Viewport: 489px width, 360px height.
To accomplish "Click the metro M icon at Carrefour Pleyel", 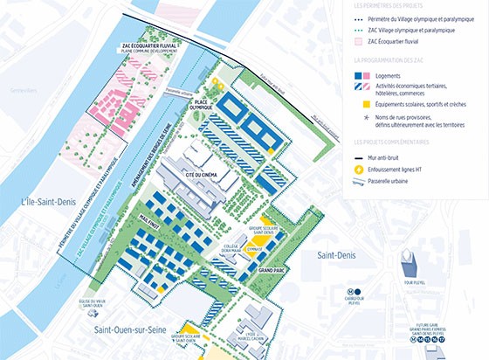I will click(x=352, y=292).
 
